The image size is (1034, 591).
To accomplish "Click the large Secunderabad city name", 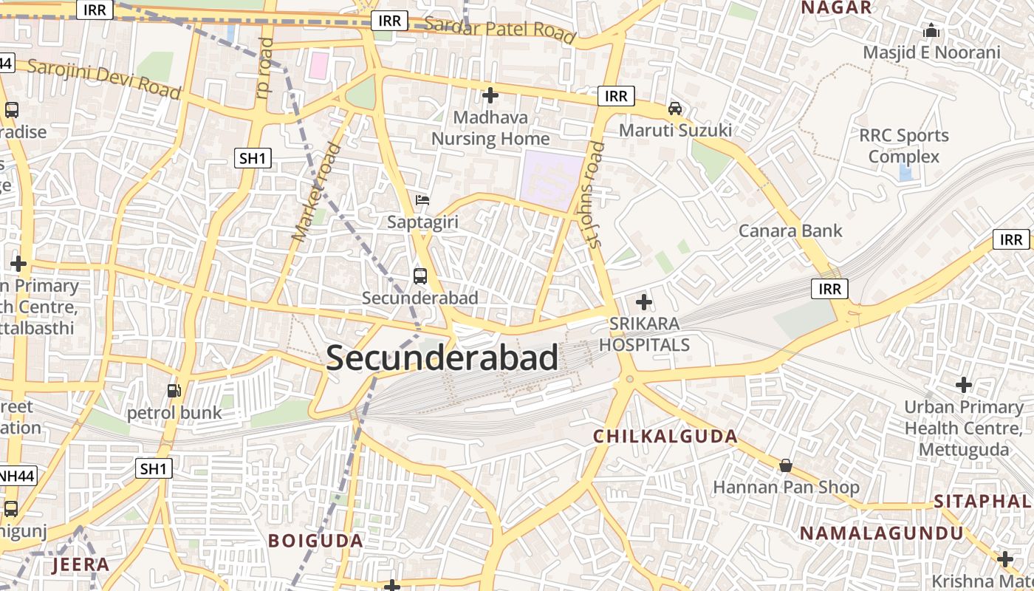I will pos(442,358).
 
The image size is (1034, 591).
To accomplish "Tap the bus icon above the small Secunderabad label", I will pos(420,277).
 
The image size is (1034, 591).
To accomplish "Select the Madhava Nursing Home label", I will pos(490,128).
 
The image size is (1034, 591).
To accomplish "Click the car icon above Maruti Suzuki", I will pos(674,109).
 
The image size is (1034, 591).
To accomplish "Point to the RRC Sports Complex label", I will pos(904,146).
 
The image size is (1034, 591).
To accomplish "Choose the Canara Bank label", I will pos(790,230).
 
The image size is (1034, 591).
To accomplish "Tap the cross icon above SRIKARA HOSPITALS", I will pos(644,301).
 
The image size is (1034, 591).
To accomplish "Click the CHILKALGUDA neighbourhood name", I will pos(665,437).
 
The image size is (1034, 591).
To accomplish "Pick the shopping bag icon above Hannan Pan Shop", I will pos(786,465).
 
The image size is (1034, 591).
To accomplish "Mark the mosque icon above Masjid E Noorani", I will pos(931,31).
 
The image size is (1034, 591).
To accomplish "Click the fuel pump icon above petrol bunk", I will pos(174,391).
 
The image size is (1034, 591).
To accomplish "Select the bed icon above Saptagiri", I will pos(422,200).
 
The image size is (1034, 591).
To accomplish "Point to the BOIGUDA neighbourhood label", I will pos(315,541).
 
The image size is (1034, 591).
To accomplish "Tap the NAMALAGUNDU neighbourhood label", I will pos(882,533).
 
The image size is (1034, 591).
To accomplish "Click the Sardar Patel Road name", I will pos(500,29).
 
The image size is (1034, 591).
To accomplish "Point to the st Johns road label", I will pos(595,194).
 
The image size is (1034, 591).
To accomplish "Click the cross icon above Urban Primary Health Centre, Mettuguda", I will pos(963,385).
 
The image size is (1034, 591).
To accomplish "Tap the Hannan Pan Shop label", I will pos(786,488).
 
